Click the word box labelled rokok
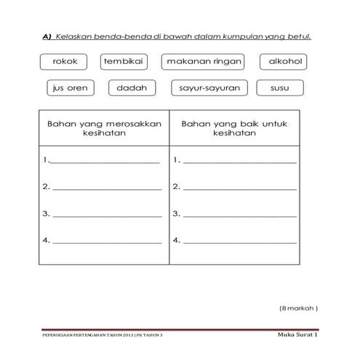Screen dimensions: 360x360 pyautogui.click(x=65, y=62)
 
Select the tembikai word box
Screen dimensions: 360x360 pyautogui.click(x=121, y=62)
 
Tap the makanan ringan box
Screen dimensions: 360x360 pyautogui.click(x=202, y=62)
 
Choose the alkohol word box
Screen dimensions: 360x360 pyautogui.click(x=285, y=62)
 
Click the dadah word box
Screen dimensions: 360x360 pyautogui.click(x=132, y=89)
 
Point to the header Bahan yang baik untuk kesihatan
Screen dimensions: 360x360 pyautogui.click(x=233, y=129)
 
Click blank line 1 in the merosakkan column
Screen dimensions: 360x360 pyautogui.click(x=104, y=161)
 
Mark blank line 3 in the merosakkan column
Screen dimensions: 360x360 pyautogui.click(x=104, y=215)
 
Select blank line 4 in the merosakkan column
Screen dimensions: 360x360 pyautogui.click(x=104, y=241)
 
